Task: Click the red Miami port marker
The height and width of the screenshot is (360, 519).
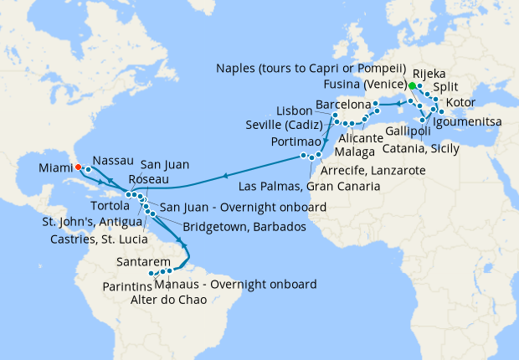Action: [x=78, y=167]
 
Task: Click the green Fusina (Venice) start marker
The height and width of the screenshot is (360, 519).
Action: [x=412, y=85]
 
